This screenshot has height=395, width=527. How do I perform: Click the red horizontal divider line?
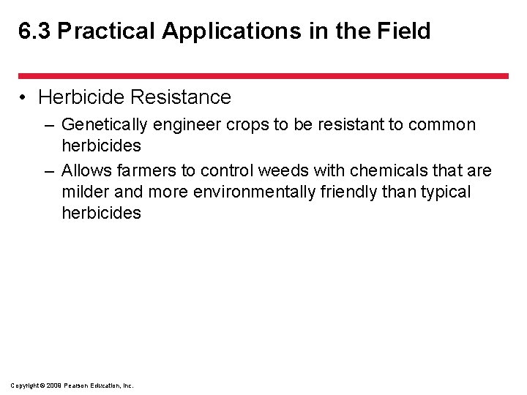(263, 76)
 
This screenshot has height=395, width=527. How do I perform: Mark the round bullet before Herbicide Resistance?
(25, 97)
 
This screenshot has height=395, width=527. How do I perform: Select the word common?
(442, 125)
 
